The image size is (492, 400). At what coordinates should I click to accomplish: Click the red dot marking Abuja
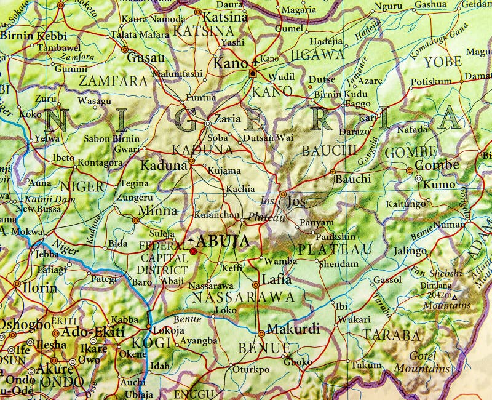coord(193,251)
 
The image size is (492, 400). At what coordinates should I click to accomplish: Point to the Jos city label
coord(296,201)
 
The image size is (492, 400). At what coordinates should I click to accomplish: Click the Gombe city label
coord(437,165)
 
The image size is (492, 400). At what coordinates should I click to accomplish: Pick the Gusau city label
coord(145,58)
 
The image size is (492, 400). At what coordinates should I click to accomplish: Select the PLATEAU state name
coord(335,249)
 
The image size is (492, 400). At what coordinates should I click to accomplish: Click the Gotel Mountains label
coord(421,362)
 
